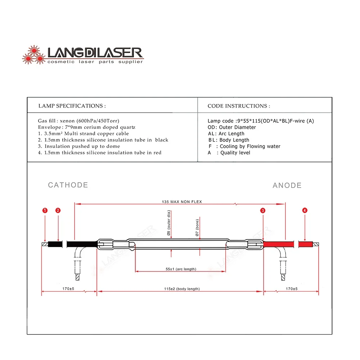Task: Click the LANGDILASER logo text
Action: click(95, 53)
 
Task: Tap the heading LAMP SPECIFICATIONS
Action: click(72, 106)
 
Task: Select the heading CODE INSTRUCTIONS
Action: click(239, 106)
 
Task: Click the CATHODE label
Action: click(68, 185)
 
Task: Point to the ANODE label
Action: click(287, 185)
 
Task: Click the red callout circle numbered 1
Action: click(45, 210)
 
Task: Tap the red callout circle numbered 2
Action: click(58, 210)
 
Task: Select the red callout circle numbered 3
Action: click(263, 210)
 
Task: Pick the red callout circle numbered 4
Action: click(305, 210)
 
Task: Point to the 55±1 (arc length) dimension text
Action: click(181, 269)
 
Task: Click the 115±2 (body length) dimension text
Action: click(182, 289)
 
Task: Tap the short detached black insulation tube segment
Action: click(55, 244)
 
